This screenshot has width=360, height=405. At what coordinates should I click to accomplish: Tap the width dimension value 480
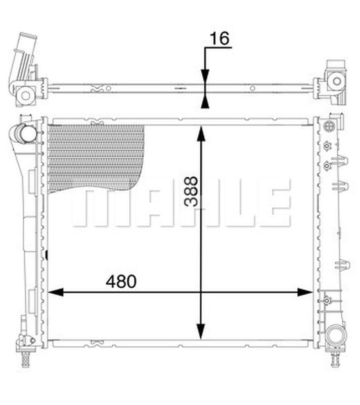pos(121,281)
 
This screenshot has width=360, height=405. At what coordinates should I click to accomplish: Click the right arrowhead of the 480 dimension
pos(305,293)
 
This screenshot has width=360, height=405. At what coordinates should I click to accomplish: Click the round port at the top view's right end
pos(336,81)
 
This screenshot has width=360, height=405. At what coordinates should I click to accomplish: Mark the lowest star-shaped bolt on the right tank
pos(326,300)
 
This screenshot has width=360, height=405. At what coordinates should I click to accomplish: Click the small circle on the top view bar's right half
pos(252,89)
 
